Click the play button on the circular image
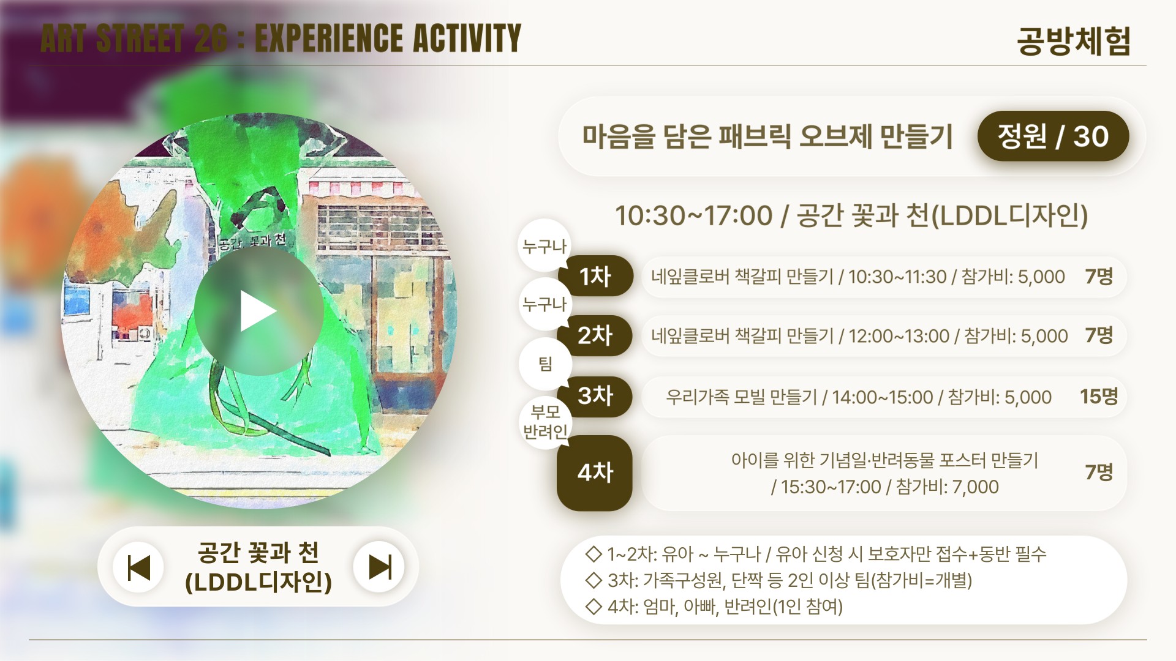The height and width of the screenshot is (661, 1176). (x=259, y=311)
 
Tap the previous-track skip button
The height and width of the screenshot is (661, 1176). (x=138, y=567)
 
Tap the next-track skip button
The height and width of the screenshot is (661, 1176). (x=379, y=567)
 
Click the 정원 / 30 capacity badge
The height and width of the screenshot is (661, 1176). (x=1053, y=136)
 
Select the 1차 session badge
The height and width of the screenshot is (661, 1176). (x=595, y=276)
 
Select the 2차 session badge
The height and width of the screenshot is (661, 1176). (x=595, y=335)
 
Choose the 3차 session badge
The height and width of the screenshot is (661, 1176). (x=595, y=396)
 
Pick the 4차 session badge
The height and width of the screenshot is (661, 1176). (x=595, y=472)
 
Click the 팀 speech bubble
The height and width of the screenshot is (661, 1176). (x=545, y=364)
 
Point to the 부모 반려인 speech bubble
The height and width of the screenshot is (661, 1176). (x=545, y=422)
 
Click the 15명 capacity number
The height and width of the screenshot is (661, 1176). (x=1098, y=397)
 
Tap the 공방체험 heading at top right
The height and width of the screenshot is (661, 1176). (x=1073, y=41)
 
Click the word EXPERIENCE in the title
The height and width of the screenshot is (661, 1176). (x=328, y=38)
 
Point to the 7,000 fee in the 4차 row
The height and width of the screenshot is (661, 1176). (x=976, y=487)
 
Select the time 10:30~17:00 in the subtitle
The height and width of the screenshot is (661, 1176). (x=693, y=216)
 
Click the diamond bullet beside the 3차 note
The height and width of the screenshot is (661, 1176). (x=594, y=580)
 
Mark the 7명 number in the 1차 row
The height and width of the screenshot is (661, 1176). (x=1099, y=276)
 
